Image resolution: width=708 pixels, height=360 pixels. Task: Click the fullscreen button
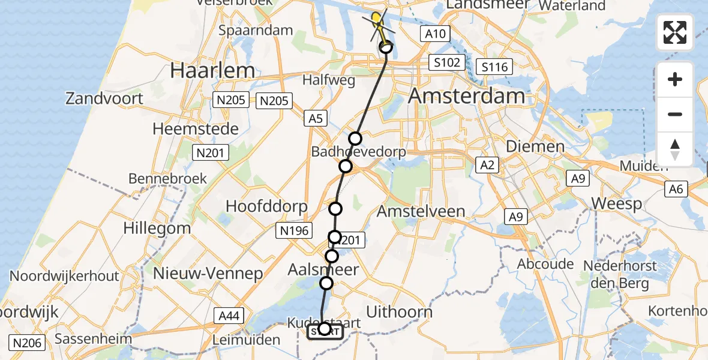click(675, 32)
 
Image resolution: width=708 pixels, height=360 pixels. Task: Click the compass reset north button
click(675, 149)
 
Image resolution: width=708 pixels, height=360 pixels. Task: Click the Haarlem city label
click(212, 71)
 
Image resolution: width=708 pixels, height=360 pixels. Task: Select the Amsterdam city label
click(466, 96)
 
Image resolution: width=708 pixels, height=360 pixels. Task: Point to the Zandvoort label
click(104, 98)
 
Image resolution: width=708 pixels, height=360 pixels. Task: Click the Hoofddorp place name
click(266, 206)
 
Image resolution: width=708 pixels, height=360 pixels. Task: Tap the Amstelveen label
click(421, 211)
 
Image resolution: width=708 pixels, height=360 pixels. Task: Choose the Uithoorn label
click(399, 312)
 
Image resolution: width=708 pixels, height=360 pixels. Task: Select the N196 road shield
click(293, 230)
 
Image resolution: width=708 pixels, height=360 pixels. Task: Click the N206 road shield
click(28, 343)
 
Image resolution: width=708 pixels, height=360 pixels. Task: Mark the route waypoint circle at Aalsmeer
click(326, 283)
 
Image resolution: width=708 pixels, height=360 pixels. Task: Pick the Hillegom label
click(157, 228)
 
